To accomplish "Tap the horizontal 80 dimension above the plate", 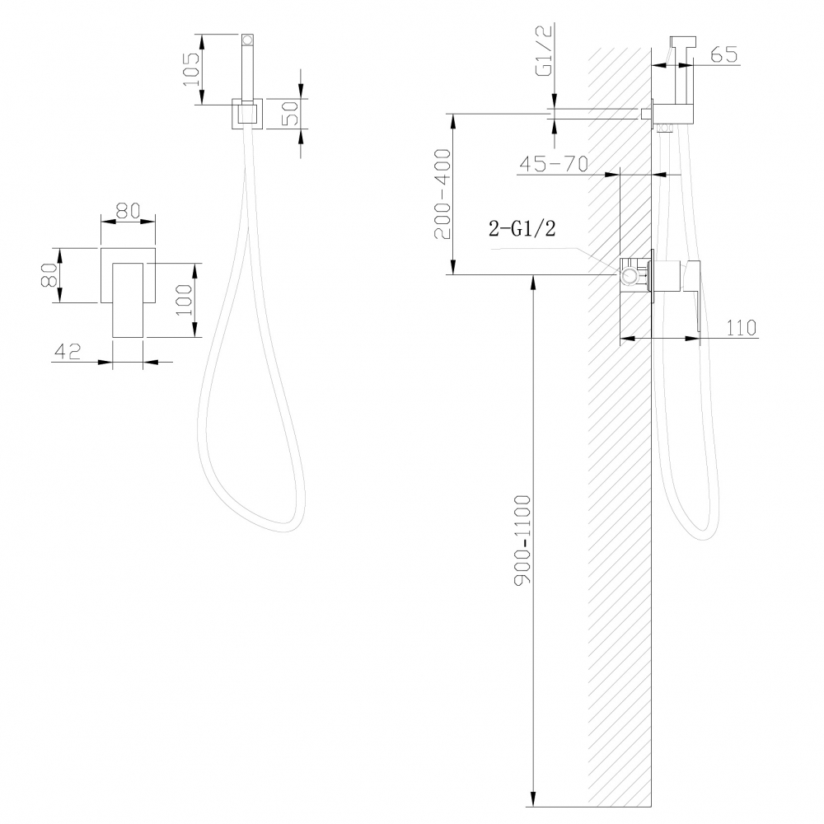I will [x=127, y=211].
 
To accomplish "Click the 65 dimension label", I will [x=722, y=55].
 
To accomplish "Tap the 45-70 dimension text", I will [x=552, y=164].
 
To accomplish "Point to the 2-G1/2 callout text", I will [x=522, y=230].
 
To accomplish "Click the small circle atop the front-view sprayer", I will [x=247, y=39].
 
